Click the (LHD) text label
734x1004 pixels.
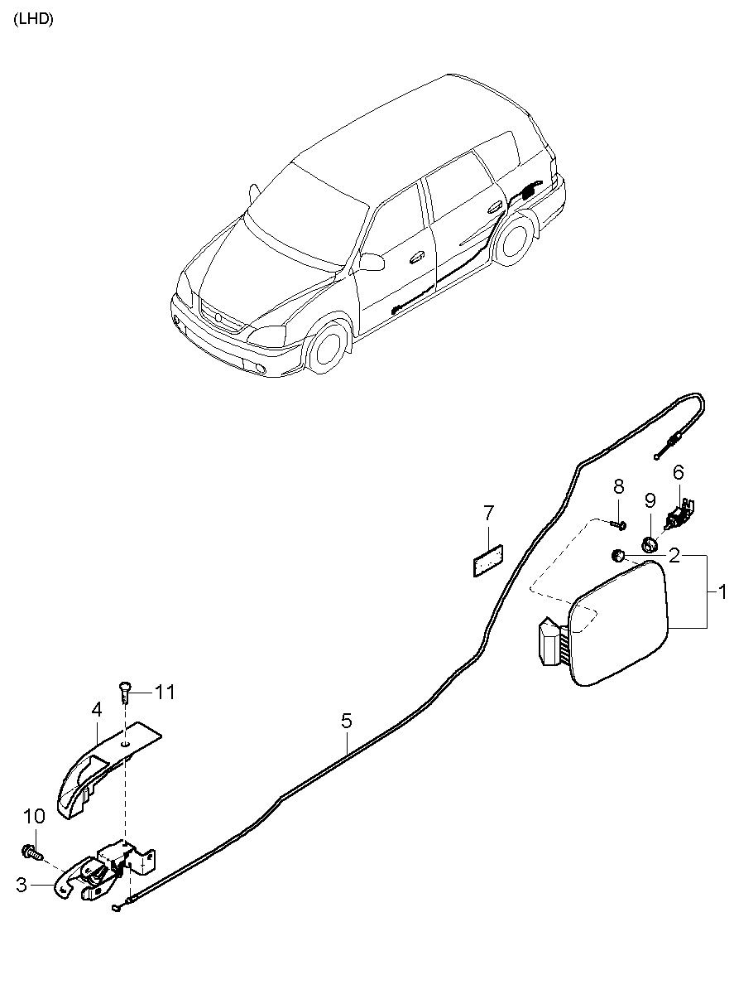pyautogui.click(x=34, y=20)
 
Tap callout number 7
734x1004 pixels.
pyautogui.click(x=488, y=514)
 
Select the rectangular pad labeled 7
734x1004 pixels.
pyautogui.click(x=487, y=560)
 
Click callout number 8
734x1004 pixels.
pyautogui.click(x=618, y=486)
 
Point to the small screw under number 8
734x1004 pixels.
pyautogui.click(x=619, y=524)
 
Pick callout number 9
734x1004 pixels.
pyautogui.click(x=650, y=500)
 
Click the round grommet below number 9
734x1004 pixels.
pyautogui.click(x=649, y=544)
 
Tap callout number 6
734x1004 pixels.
pyautogui.click(x=679, y=472)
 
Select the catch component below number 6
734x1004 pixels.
pyautogui.click(x=678, y=513)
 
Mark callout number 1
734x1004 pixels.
pyautogui.click(x=722, y=591)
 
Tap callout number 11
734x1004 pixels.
pyautogui.click(x=165, y=693)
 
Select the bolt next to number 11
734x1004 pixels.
pyautogui.click(x=125, y=693)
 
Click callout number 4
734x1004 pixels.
pyautogui.click(x=97, y=710)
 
